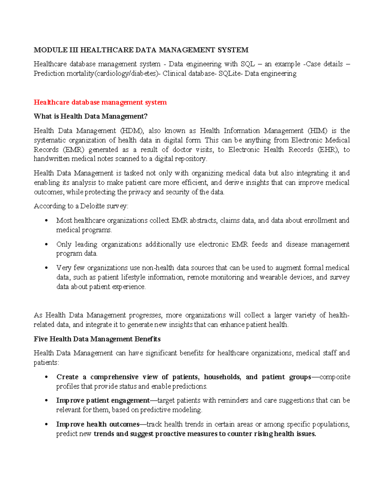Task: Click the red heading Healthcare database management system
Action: click(100, 102)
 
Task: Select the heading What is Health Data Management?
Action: click(91, 116)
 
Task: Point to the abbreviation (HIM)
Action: click(317, 131)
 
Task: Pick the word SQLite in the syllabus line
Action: click(230, 73)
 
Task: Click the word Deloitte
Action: click(92, 206)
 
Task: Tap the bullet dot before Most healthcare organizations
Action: click(47, 220)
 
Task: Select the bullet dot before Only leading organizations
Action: click(47, 244)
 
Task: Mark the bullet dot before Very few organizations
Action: click(47, 268)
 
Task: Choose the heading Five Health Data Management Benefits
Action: click(97, 339)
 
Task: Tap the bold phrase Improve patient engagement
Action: click(103, 400)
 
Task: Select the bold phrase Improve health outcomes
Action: click(98, 424)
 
